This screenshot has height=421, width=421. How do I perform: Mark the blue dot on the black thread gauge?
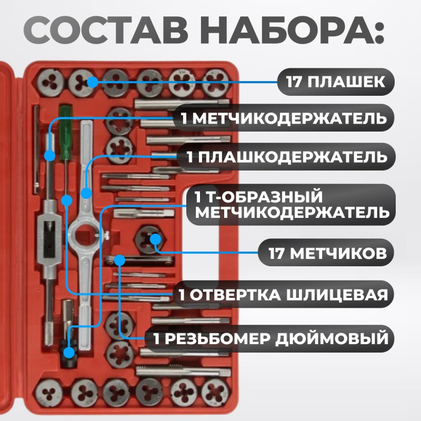[x=120, y=259]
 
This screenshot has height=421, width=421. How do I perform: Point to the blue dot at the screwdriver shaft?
[x=67, y=199]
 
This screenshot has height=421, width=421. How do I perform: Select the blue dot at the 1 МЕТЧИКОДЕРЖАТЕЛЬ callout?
[x=51, y=155]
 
